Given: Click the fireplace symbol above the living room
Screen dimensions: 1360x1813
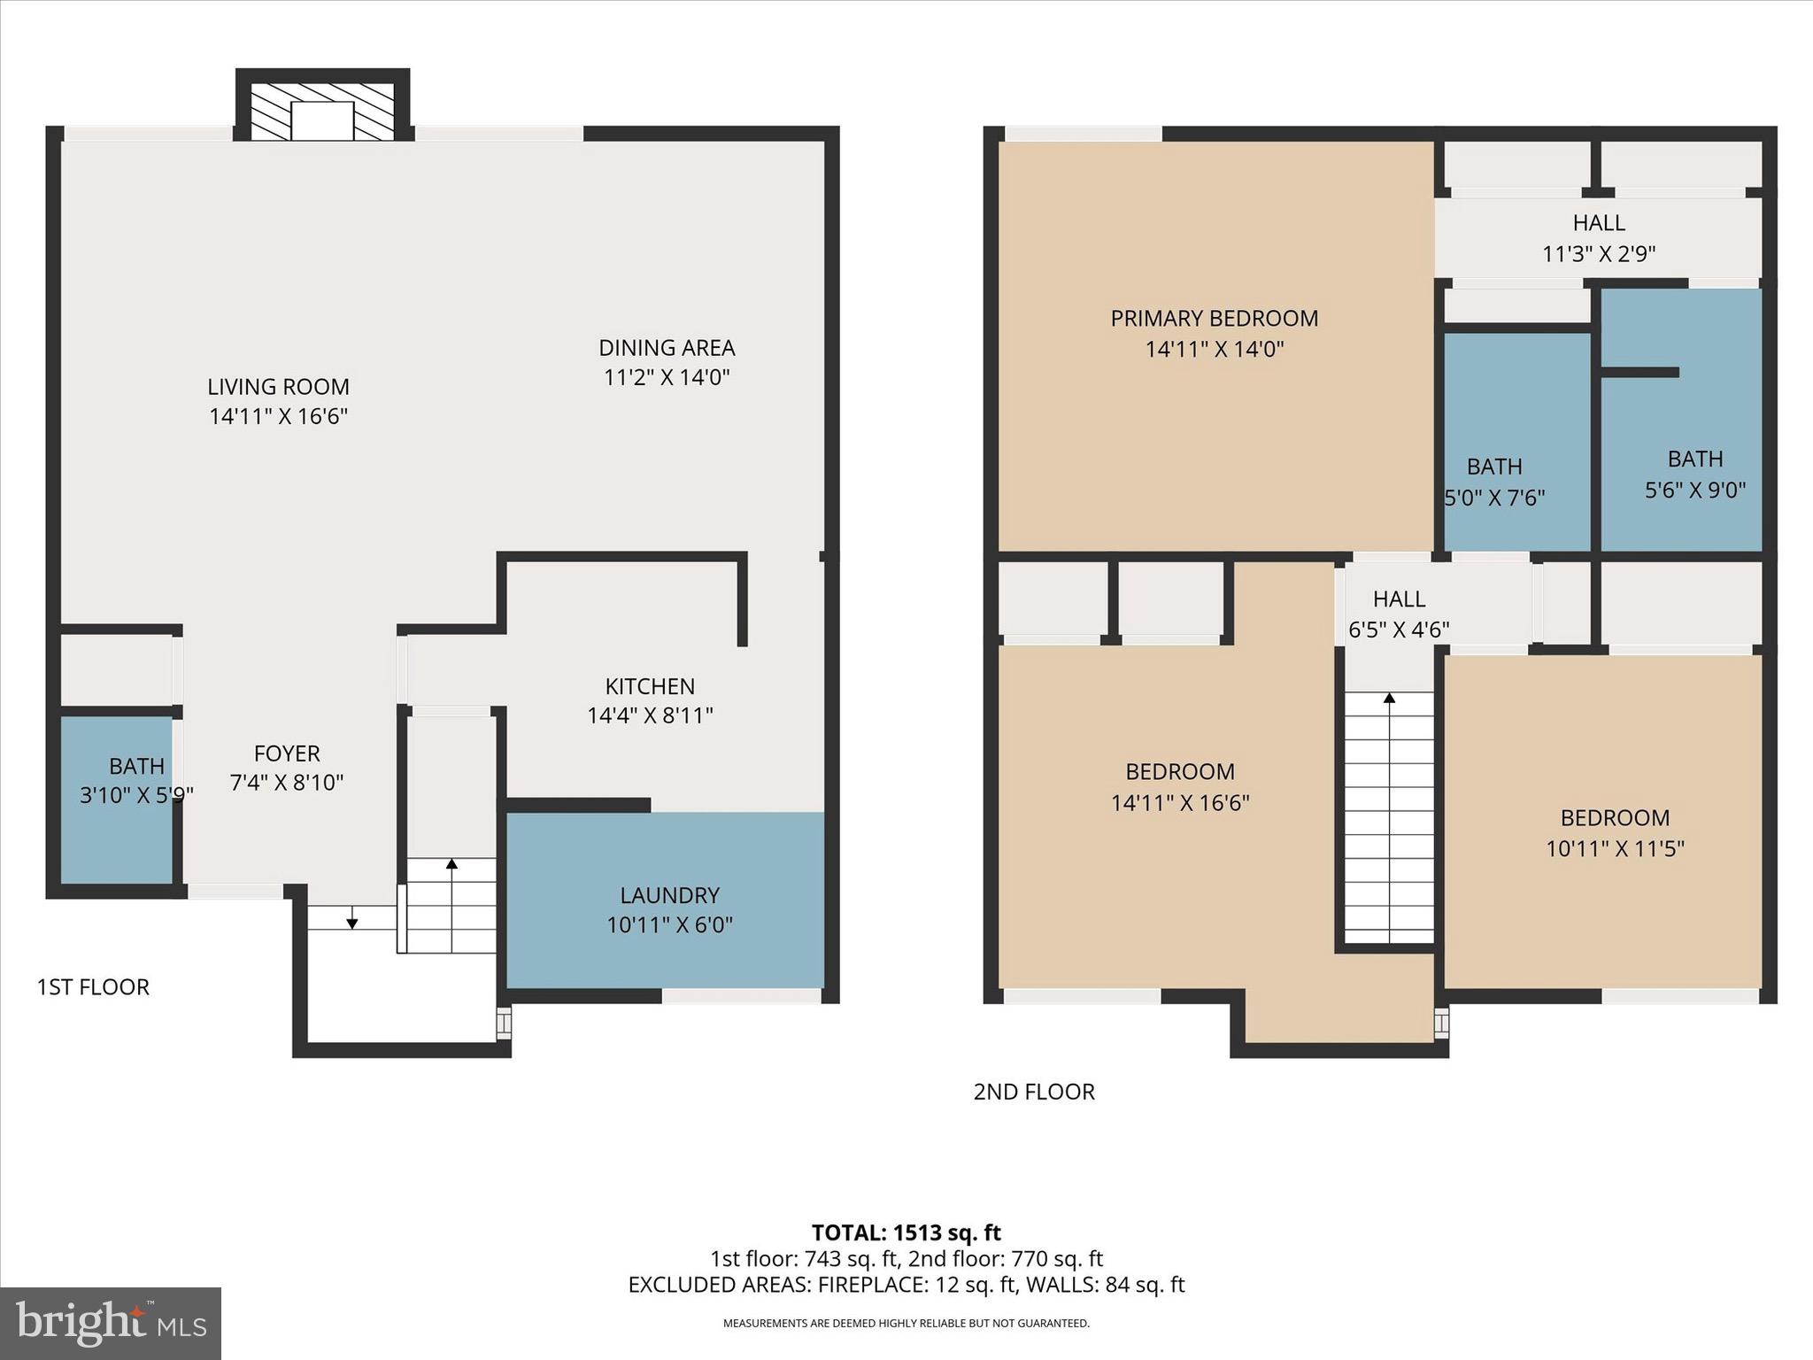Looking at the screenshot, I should click(x=322, y=112).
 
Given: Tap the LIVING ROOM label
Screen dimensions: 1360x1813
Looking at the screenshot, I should click(x=278, y=387).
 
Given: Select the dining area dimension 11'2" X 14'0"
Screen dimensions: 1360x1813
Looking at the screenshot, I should click(x=667, y=378).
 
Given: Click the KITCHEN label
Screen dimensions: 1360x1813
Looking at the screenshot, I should click(x=650, y=686).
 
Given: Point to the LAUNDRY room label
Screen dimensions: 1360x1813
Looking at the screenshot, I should click(x=669, y=895).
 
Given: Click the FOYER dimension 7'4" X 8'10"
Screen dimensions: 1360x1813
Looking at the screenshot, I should click(x=287, y=783).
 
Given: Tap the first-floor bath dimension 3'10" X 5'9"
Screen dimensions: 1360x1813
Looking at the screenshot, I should click(x=136, y=795).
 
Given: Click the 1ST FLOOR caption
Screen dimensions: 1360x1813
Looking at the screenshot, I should click(x=93, y=987).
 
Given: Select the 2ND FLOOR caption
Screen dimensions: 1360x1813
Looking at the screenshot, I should click(x=1034, y=1092).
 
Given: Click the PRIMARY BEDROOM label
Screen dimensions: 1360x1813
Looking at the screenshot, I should click(x=1214, y=319).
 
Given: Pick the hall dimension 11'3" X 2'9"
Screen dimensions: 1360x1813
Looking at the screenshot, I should click(x=1599, y=254).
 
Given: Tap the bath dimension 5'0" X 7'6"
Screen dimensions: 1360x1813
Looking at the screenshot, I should click(x=1494, y=498).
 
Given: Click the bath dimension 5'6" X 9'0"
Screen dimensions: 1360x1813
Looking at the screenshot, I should click(x=1695, y=490).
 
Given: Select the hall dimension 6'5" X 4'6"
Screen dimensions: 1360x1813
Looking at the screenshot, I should click(x=1399, y=630).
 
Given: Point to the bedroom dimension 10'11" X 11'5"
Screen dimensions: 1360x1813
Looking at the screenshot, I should click(x=1615, y=849).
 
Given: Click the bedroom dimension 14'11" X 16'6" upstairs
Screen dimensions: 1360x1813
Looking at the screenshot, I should click(x=1180, y=803).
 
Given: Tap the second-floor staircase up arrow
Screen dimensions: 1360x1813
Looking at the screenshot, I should click(x=1389, y=699).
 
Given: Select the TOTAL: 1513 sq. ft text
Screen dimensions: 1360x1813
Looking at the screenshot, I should click(x=906, y=1232).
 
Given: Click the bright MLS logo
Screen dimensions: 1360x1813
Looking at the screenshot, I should click(x=111, y=1323).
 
